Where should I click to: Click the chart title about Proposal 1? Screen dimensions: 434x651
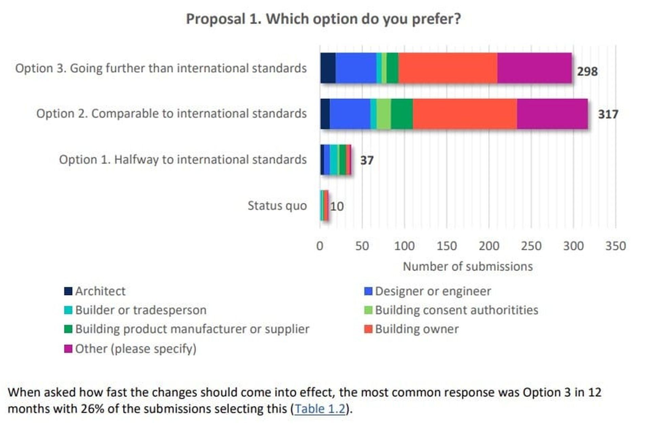pos(323,19)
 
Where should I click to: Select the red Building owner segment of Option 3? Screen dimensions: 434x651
pos(448,68)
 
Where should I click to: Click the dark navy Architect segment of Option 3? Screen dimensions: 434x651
pos(328,68)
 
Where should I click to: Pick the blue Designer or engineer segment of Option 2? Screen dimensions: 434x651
pos(350,114)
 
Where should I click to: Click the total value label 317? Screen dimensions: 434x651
pos(608,114)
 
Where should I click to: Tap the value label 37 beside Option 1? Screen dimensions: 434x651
pos(367,160)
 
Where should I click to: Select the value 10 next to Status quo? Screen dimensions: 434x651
pos(337,206)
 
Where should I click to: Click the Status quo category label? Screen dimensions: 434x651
pos(277,206)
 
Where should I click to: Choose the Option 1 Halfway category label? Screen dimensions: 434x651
pos(183,160)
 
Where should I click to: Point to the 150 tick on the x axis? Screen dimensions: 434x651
pos(446,246)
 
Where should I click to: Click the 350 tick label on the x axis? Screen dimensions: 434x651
pos(615,246)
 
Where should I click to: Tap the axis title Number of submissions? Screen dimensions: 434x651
pos(468,267)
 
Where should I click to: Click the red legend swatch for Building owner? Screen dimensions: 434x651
pos(368,329)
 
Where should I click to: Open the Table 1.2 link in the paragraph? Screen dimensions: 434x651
pos(320,409)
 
